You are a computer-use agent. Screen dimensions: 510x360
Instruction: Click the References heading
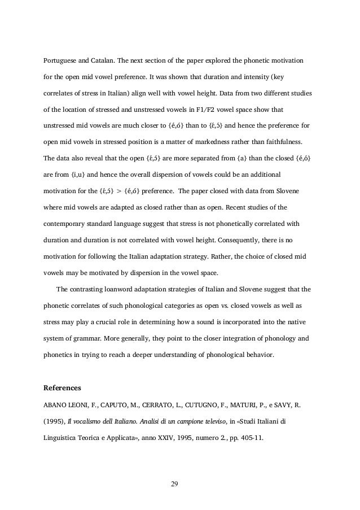(63, 388)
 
